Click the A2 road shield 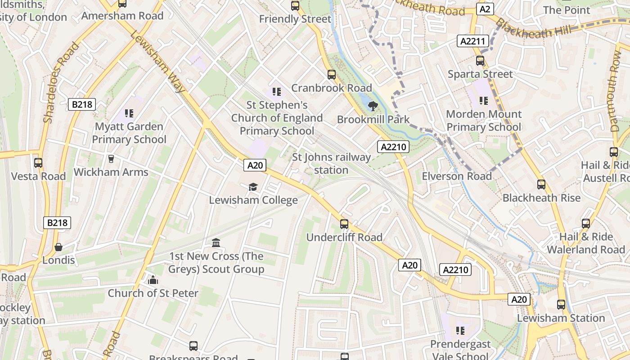point(485,9)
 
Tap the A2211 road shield point(472,41)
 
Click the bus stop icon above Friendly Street point(295,6)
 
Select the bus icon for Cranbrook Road point(332,75)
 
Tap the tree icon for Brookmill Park point(373,106)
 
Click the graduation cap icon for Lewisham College point(253,187)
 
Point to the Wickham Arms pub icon point(111,158)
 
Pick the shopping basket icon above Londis point(58,247)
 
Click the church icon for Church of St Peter point(153,280)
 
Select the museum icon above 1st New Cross point(216,243)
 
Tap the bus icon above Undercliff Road point(344,224)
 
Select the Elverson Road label point(456,176)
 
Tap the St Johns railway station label point(331,164)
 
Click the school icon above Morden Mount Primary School point(484,101)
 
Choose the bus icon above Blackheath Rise point(541,184)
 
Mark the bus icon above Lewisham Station point(561,305)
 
